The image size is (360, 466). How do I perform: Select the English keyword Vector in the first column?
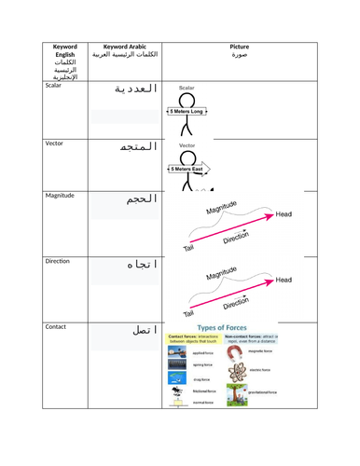point(58,144)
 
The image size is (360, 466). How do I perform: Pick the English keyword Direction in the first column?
point(62,262)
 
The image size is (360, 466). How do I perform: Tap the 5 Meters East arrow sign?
point(189,169)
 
